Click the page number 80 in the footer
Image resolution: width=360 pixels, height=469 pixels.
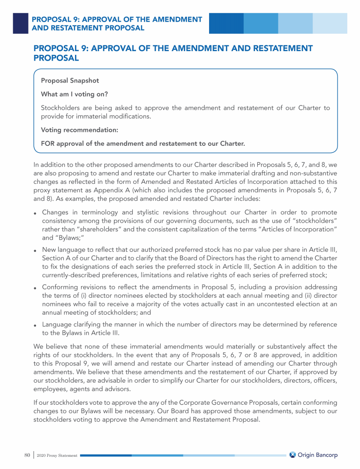click(27, 455)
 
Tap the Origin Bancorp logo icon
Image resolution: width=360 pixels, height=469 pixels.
click(292, 455)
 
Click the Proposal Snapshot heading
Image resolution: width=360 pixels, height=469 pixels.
click(70, 81)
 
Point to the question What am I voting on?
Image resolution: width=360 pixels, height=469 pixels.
click(75, 94)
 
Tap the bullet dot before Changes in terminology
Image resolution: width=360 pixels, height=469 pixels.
click(36, 213)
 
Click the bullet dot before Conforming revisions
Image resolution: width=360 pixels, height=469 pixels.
click(36, 287)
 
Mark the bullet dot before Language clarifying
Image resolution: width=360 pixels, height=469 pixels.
click(36, 325)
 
